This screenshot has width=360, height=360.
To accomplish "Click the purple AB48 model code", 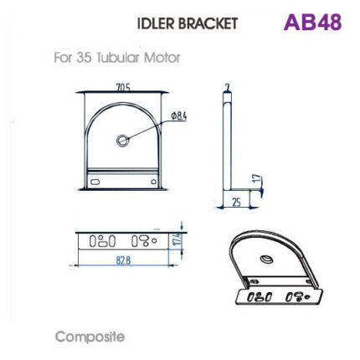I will [312, 23].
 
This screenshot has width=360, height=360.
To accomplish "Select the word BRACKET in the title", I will [210, 23].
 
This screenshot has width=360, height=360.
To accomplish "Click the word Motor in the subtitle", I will [162, 58].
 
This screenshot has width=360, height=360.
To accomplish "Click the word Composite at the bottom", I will [90, 337].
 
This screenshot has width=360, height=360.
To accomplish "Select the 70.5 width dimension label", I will [122, 86].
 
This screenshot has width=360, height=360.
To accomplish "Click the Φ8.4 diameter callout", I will [178, 115].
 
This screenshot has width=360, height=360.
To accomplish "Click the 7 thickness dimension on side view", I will [226, 86].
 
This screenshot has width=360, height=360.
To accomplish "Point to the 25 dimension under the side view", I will [236, 202].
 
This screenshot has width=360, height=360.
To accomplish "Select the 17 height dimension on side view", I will [257, 180].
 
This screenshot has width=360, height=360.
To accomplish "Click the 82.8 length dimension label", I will [122, 260].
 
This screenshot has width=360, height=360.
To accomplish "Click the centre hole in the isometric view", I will [266, 260].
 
